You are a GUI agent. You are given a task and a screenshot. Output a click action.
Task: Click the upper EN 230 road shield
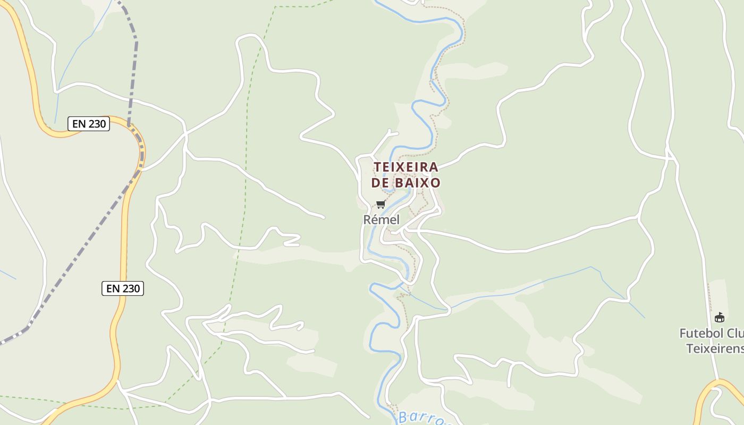89,124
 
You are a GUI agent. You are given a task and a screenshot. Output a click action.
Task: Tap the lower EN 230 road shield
123,288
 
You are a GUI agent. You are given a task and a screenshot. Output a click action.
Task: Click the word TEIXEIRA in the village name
406,167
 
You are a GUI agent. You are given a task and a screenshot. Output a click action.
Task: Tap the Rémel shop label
381,219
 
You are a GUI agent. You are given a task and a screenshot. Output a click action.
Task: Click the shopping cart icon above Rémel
381,204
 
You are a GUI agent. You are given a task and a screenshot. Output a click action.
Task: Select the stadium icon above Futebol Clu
720,317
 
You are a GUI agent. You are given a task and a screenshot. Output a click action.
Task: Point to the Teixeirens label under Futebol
714,348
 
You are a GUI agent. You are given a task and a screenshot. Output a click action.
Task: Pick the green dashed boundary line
247,159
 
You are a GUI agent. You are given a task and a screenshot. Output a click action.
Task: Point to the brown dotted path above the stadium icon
711,297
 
